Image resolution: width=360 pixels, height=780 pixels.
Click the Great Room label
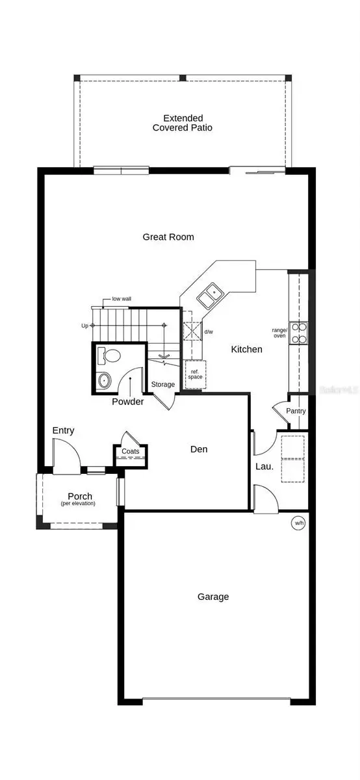click(x=168, y=237)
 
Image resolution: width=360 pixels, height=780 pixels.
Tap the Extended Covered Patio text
click(x=183, y=123)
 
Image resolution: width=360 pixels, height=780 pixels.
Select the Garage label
click(x=213, y=597)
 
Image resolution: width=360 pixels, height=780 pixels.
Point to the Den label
click(x=199, y=449)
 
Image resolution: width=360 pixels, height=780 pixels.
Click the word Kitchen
click(x=247, y=350)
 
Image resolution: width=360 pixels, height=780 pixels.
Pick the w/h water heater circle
click(x=299, y=522)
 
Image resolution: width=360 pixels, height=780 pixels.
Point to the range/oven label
click(x=279, y=332)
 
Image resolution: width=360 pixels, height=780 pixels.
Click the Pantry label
click(x=296, y=411)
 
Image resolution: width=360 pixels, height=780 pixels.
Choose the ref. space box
click(x=195, y=374)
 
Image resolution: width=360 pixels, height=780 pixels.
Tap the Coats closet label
click(x=131, y=451)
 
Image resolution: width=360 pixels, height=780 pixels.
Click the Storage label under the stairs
click(x=163, y=385)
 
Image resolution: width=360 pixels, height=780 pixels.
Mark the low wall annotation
click(x=122, y=299)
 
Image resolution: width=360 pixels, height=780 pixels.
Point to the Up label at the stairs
click(x=84, y=326)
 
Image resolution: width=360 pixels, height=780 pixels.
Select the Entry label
click(x=64, y=430)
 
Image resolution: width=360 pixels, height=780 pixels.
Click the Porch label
click(x=80, y=497)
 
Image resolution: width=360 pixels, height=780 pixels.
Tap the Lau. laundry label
click(x=264, y=466)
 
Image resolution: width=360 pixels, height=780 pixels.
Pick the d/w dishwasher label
click(x=209, y=332)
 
